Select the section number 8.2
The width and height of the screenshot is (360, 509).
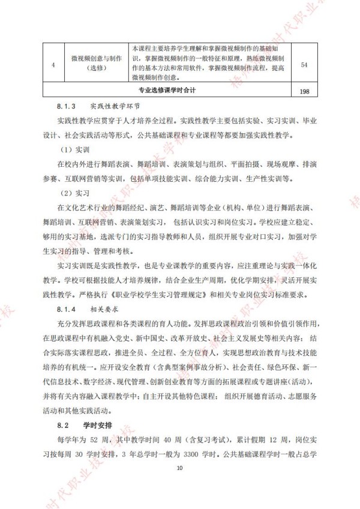pos(55,424)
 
